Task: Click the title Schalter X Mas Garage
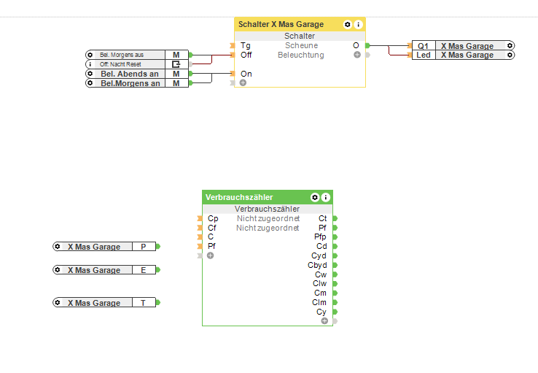point(281,24)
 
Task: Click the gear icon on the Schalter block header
point(348,24)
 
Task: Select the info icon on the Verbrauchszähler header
point(326,197)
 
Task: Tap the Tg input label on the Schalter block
point(246,45)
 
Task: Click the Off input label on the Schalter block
point(246,55)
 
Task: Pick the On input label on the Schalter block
point(246,74)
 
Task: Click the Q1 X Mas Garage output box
point(464,45)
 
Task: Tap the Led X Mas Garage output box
point(464,55)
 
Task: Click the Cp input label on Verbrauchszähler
point(213,218)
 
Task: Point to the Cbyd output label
point(317,265)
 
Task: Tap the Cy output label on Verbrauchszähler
point(321,312)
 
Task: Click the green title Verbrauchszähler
point(240,197)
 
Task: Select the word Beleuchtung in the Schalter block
point(300,55)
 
